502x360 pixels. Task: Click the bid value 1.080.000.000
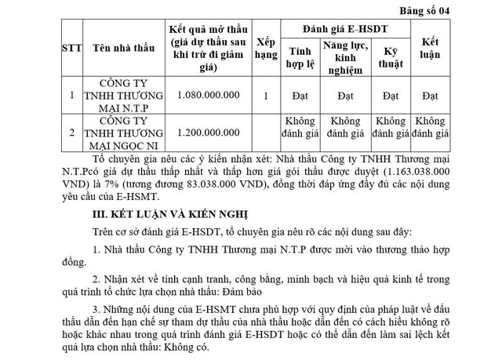pos(206,96)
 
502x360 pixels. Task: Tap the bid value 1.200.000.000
pos(206,134)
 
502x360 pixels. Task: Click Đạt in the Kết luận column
pos(430,96)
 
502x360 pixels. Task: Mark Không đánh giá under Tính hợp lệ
pos(300,129)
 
